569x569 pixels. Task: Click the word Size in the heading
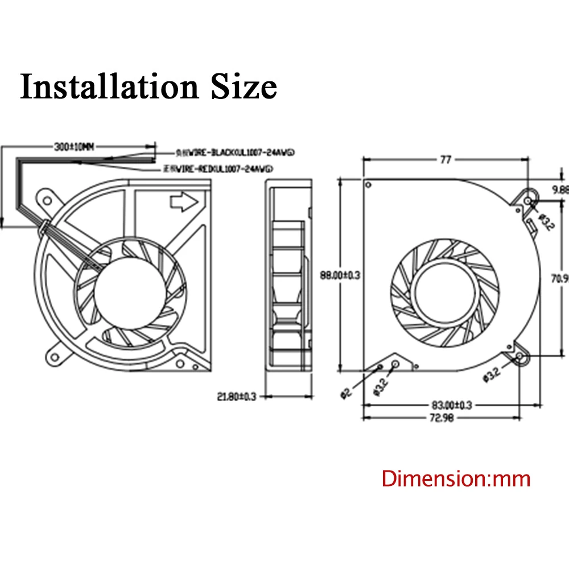tap(244, 87)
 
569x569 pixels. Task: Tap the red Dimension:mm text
tap(456, 479)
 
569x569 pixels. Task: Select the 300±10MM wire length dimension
tap(73, 147)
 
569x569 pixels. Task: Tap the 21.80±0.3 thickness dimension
tap(237, 395)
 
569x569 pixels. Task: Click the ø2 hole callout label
tap(346, 393)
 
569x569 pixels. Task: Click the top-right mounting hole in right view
tap(528, 201)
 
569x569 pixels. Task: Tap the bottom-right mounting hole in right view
tap(521, 357)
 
